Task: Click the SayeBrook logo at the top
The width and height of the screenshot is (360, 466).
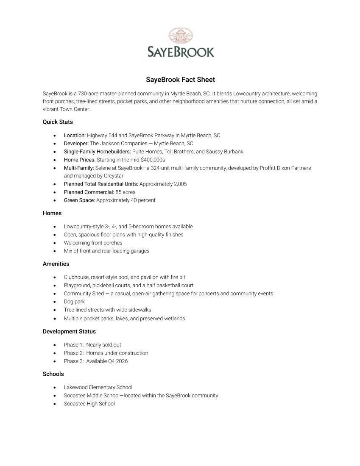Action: click(x=181, y=43)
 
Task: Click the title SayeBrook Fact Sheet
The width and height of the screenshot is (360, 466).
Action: click(x=181, y=80)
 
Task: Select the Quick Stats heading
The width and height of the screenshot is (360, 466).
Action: click(x=58, y=122)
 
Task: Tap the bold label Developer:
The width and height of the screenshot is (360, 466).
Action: click(x=76, y=144)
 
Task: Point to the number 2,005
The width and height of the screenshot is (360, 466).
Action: click(x=180, y=184)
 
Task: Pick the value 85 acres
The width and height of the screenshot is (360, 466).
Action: click(x=126, y=192)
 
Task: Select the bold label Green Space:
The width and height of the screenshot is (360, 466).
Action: click(x=79, y=200)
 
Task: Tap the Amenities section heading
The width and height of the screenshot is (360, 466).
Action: click(x=56, y=264)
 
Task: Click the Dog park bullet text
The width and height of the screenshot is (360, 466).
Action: click(x=74, y=302)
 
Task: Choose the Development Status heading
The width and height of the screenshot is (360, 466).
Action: click(x=69, y=332)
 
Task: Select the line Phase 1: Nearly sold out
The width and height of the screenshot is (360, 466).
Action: click(x=92, y=345)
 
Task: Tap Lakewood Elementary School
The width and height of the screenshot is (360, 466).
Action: click(x=98, y=387)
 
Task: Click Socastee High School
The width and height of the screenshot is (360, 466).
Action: click(x=89, y=404)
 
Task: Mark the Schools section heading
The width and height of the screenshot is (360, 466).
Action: click(x=53, y=374)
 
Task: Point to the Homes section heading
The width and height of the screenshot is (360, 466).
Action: click(x=52, y=213)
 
